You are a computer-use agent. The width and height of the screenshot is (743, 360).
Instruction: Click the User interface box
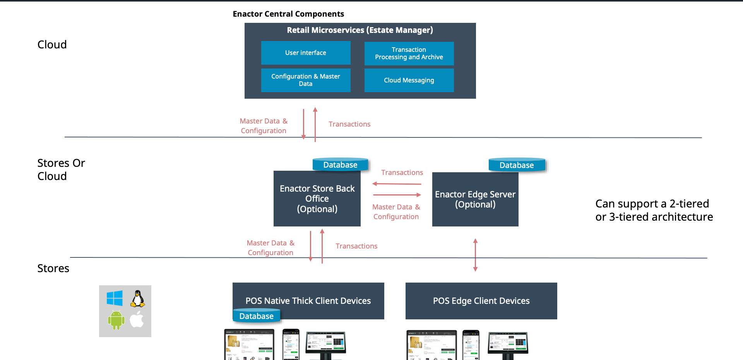click(x=306, y=53)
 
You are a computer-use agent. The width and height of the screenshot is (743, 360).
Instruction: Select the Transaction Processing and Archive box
click(x=409, y=53)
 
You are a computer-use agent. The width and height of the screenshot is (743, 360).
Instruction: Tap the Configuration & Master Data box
click(x=306, y=80)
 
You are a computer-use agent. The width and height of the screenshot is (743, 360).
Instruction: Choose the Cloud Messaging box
click(x=409, y=80)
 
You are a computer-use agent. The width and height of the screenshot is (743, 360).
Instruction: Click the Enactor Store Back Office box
click(x=317, y=199)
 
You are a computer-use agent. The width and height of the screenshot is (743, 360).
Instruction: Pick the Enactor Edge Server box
click(x=475, y=199)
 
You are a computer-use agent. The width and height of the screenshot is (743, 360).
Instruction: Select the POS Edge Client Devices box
click(x=481, y=301)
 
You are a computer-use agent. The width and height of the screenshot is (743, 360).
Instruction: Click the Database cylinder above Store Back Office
click(x=341, y=165)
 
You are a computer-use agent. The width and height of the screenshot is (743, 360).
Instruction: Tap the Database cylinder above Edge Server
click(x=517, y=165)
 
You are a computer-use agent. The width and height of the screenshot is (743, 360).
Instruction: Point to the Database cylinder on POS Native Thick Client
click(x=257, y=316)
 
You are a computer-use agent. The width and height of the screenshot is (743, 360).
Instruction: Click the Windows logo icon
click(x=115, y=298)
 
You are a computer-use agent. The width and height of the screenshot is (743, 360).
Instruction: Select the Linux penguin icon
click(x=138, y=298)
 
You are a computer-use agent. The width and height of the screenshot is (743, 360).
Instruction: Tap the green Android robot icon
click(x=116, y=320)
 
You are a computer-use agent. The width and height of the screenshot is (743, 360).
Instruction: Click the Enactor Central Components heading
click(x=288, y=14)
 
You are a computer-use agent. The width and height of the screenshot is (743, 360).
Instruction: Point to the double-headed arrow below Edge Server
click(x=475, y=255)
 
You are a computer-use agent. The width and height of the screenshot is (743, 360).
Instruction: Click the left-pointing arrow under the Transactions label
click(x=397, y=184)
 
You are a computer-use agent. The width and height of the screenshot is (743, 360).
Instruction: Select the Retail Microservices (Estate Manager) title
click(x=360, y=30)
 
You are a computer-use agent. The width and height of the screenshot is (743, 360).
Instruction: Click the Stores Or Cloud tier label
click(x=61, y=170)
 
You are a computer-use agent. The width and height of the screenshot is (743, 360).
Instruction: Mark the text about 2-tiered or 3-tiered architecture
click(x=654, y=210)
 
